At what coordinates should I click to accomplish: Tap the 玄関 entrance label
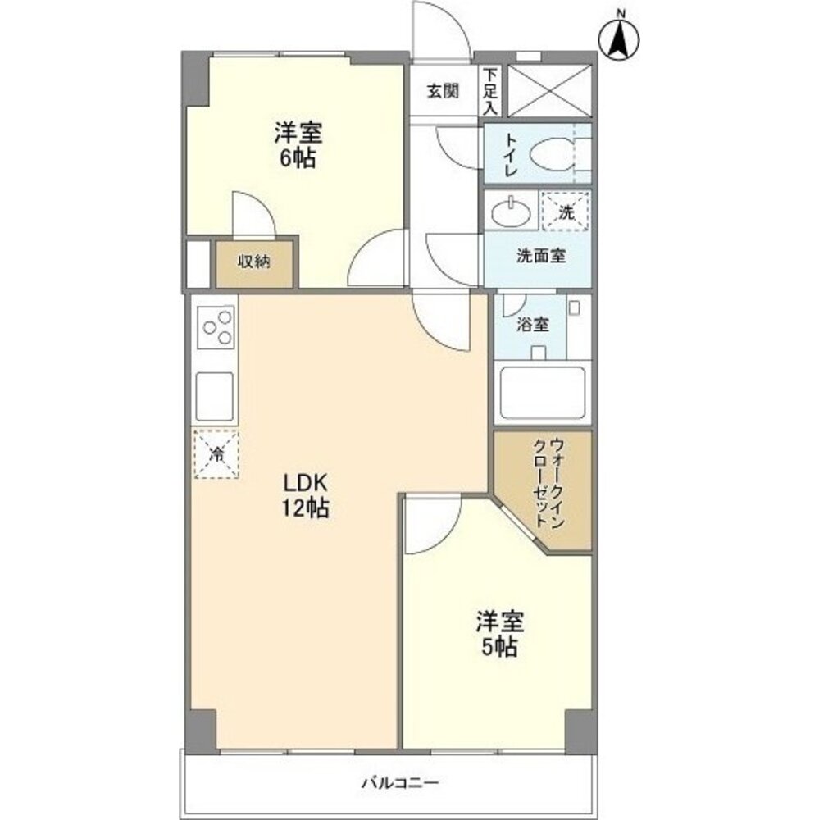[x=442, y=90]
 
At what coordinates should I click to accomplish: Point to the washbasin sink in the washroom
[x=510, y=212]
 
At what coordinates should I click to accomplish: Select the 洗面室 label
[x=540, y=255]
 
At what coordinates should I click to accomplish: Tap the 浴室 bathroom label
[x=532, y=324]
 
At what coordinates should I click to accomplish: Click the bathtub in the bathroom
[x=542, y=393]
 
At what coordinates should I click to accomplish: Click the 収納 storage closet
[x=254, y=263]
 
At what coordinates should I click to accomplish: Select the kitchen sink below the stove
[x=215, y=395]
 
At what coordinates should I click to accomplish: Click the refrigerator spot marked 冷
[x=216, y=453]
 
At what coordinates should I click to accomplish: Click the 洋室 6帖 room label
[x=298, y=144]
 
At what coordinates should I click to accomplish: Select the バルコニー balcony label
[x=401, y=782]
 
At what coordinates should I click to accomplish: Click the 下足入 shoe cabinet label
[x=489, y=90]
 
